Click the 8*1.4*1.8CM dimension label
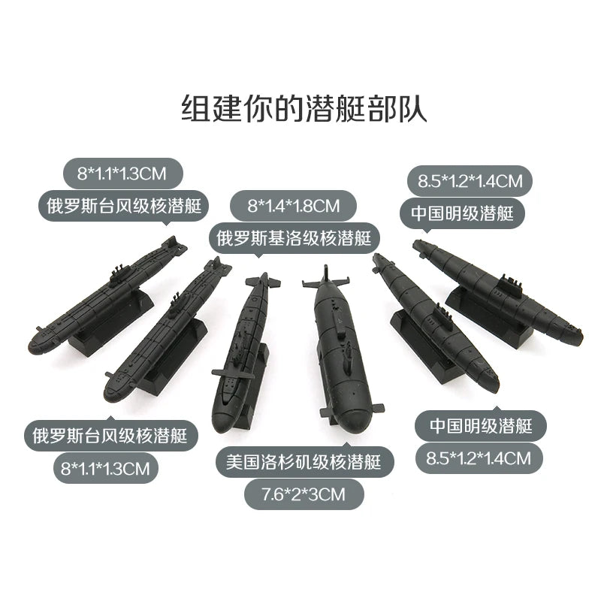(x=294, y=206)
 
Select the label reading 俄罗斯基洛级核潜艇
(x=294, y=238)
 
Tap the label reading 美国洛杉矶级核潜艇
(x=304, y=462)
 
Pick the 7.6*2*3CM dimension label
(x=304, y=494)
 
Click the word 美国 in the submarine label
(x=242, y=462)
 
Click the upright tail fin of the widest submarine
(x=326, y=273)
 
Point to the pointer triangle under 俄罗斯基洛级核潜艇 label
(x=258, y=255)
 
